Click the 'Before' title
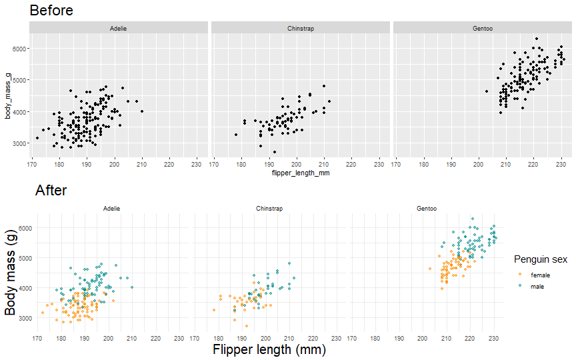pos(51,11)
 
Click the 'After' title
pos(51,191)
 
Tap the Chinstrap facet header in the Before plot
pos(301,28)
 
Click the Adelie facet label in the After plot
pos(112,209)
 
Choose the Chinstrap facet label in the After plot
pos(269,209)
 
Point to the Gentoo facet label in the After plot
pos(427,209)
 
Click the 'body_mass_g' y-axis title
pos(7,96)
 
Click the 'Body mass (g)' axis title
pos(10,274)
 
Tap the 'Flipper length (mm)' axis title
pos(269,349)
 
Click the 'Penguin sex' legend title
pos(541,259)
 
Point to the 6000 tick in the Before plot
pos(18,49)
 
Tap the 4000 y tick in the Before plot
pos(18,111)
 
